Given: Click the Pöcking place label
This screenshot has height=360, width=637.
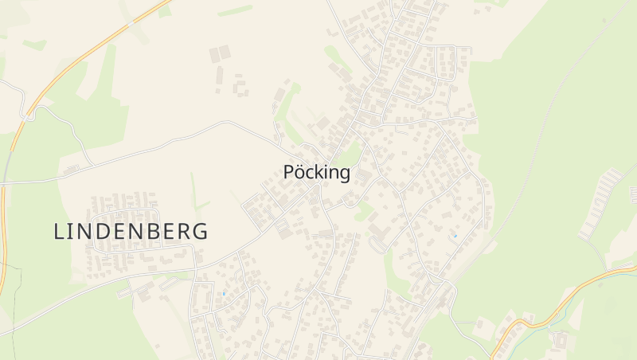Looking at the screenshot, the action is click(x=316, y=172).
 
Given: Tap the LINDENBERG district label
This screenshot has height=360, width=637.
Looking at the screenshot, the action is click(x=131, y=231).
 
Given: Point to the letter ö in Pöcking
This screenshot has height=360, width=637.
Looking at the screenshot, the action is click(x=301, y=172).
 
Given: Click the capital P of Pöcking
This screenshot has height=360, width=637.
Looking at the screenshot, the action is click(x=289, y=172).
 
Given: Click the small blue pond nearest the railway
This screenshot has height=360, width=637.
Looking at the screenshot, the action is click(x=455, y=236).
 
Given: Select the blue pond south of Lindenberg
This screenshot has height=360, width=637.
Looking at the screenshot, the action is click(x=224, y=294).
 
